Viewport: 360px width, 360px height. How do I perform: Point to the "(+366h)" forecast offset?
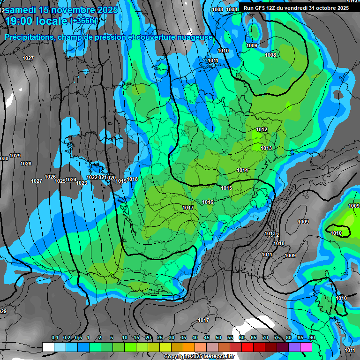click(84, 21)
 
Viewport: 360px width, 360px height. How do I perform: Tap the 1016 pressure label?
click(208, 202)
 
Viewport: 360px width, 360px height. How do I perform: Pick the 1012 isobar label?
click(262, 129)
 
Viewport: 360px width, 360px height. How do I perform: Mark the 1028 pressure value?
click(26, 164)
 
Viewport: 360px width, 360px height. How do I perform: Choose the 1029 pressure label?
click(15, 156)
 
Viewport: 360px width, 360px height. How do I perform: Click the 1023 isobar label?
click(82, 183)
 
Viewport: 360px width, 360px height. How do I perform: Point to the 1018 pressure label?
click(132, 179)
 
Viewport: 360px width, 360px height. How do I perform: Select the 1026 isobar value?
click(50, 177)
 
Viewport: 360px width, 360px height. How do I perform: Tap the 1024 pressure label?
click(71, 180)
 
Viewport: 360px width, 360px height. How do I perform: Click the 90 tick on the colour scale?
click(312, 338)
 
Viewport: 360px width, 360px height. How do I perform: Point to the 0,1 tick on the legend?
click(55, 338)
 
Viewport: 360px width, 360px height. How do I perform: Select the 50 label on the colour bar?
click(218, 338)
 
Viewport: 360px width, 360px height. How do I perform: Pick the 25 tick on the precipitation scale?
click(160, 338)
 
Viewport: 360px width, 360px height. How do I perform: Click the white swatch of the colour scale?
click(48, 347)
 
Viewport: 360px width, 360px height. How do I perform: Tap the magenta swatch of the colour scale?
click(306, 347)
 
